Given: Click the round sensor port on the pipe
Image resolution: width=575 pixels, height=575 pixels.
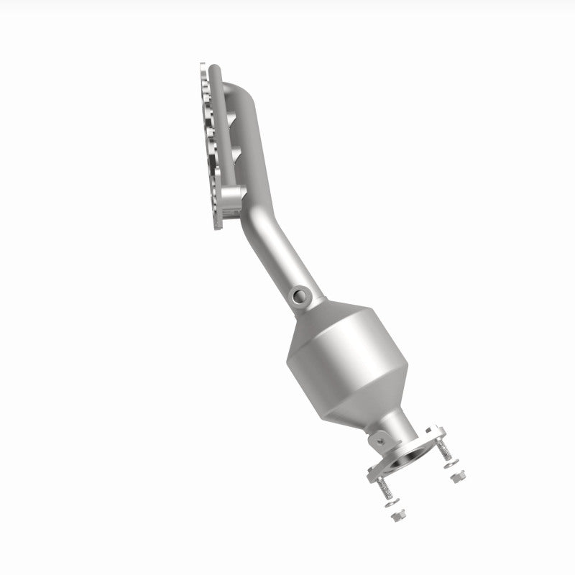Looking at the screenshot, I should point(298,294).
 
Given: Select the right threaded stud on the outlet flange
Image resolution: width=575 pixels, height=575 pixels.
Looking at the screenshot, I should point(448,452).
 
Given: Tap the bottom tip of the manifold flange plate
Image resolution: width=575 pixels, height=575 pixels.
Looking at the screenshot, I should point(218,229).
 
